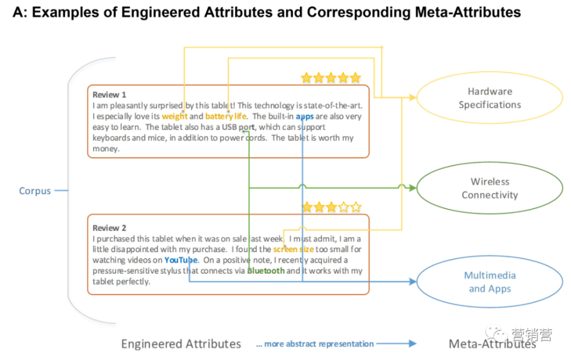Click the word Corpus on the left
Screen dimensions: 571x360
35,191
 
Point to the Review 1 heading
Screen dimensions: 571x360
109,95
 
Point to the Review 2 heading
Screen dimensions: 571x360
109,228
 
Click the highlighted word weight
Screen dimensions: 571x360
174,116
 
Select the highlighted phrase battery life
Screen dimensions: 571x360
226,116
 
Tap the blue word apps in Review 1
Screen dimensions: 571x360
305,116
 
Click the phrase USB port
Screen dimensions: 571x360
238,127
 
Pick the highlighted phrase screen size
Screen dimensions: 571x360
293,249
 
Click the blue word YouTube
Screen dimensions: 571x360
181,260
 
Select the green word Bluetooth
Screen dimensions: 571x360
266,271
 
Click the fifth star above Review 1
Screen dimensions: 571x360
355,78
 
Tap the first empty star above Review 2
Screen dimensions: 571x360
343,207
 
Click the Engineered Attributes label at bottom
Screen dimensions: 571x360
181,344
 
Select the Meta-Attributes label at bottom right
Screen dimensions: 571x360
492,344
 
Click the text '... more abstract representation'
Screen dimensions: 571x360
315,344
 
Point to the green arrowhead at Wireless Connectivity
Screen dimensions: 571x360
413,188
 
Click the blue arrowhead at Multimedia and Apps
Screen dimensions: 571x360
413,281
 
